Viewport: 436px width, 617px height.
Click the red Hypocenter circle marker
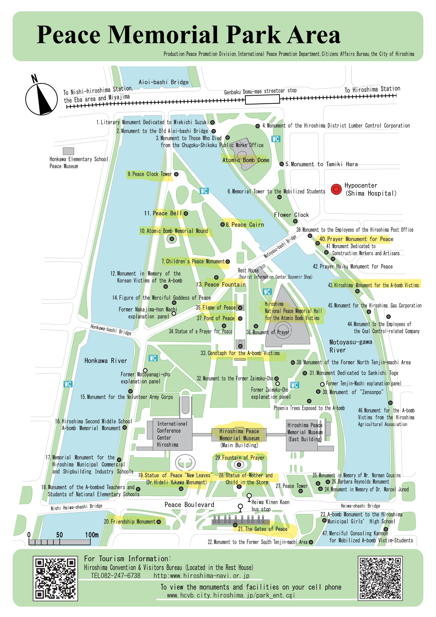[x=336, y=189]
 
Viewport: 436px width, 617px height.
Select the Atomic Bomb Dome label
[x=246, y=160]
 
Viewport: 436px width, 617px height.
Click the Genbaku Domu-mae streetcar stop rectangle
[x=262, y=99]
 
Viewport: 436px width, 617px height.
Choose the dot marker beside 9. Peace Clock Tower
[x=176, y=174]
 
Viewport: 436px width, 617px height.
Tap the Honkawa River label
[x=105, y=361]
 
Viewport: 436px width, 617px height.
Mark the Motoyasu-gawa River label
[x=350, y=346]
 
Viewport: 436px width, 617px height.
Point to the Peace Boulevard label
[x=189, y=505]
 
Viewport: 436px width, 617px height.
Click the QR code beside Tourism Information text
[x=55, y=578]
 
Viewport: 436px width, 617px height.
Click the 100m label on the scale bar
[x=92, y=535]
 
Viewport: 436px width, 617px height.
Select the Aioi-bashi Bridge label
[x=163, y=82]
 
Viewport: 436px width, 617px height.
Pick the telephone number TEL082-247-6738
[x=116, y=576]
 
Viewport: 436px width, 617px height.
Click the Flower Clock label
[x=291, y=215]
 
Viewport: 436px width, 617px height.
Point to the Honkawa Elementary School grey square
[x=68, y=151]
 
